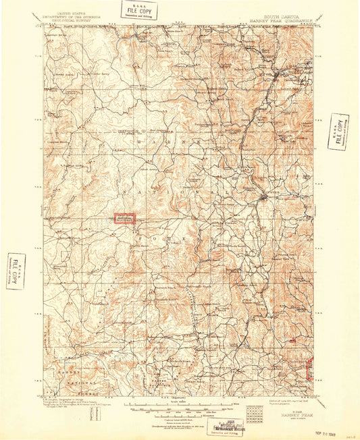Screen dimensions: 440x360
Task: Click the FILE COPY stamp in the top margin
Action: pos(139,9)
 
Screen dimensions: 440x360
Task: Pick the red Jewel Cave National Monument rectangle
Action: pos(124,219)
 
